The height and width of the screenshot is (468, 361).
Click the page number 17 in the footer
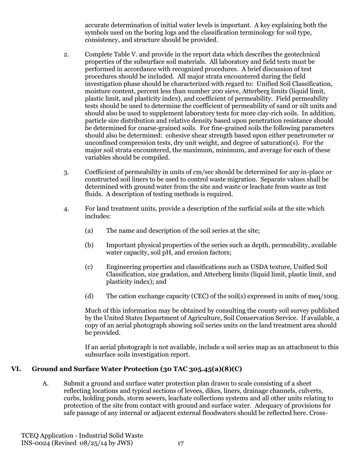tap(180, 443)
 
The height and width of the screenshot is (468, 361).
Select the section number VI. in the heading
tap(16, 369)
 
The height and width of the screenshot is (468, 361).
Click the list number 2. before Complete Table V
tap(66, 54)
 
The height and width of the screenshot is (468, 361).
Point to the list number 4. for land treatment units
tap(66, 209)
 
